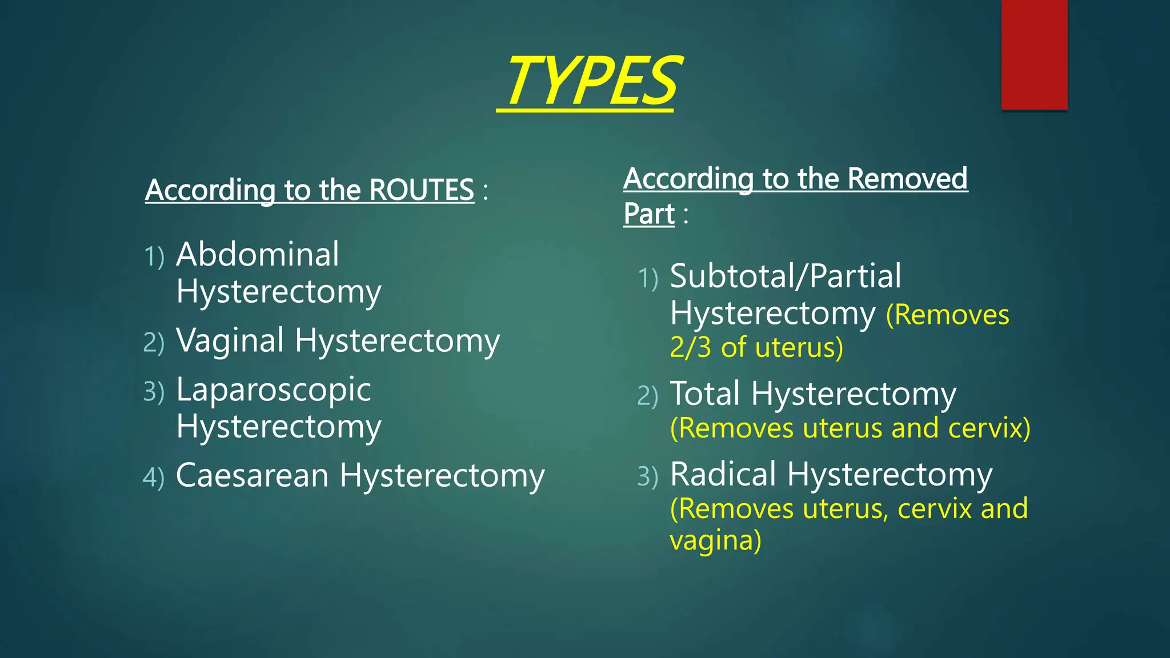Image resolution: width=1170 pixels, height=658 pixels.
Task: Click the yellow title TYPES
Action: (591, 81)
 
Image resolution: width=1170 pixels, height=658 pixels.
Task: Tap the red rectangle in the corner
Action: (1034, 55)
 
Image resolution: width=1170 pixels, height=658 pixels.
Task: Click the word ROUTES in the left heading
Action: (422, 190)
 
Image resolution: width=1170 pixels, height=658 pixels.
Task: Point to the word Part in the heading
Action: (648, 214)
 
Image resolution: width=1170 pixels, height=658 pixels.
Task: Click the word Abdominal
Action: (257, 254)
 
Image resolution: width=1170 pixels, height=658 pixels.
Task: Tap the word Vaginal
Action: (230, 341)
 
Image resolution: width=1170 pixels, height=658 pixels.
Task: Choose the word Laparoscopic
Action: (273, 390)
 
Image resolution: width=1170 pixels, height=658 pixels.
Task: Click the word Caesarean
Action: (252, 475)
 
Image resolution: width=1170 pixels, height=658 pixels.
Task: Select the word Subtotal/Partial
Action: (785, 276)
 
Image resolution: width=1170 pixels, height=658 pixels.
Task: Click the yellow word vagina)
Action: (715, 540)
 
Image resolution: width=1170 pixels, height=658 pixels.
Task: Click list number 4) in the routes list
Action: (153, 478)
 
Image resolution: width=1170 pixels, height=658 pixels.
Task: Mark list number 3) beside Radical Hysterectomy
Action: (647, 476)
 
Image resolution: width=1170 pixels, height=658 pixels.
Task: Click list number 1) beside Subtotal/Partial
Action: (647, 278)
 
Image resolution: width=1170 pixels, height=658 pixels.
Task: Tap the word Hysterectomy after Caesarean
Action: (442, 475)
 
